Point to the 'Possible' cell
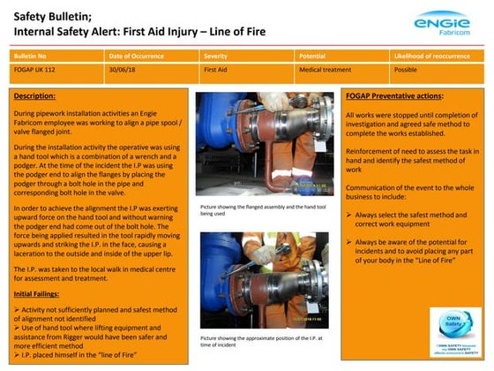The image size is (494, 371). click(x=407, y=68)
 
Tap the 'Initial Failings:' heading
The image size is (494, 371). click(x=42, y=292)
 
